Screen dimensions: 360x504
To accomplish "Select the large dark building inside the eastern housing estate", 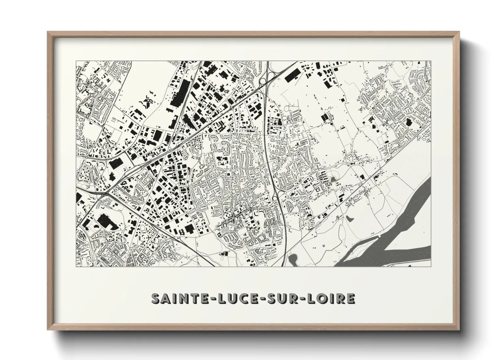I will [408, 123].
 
